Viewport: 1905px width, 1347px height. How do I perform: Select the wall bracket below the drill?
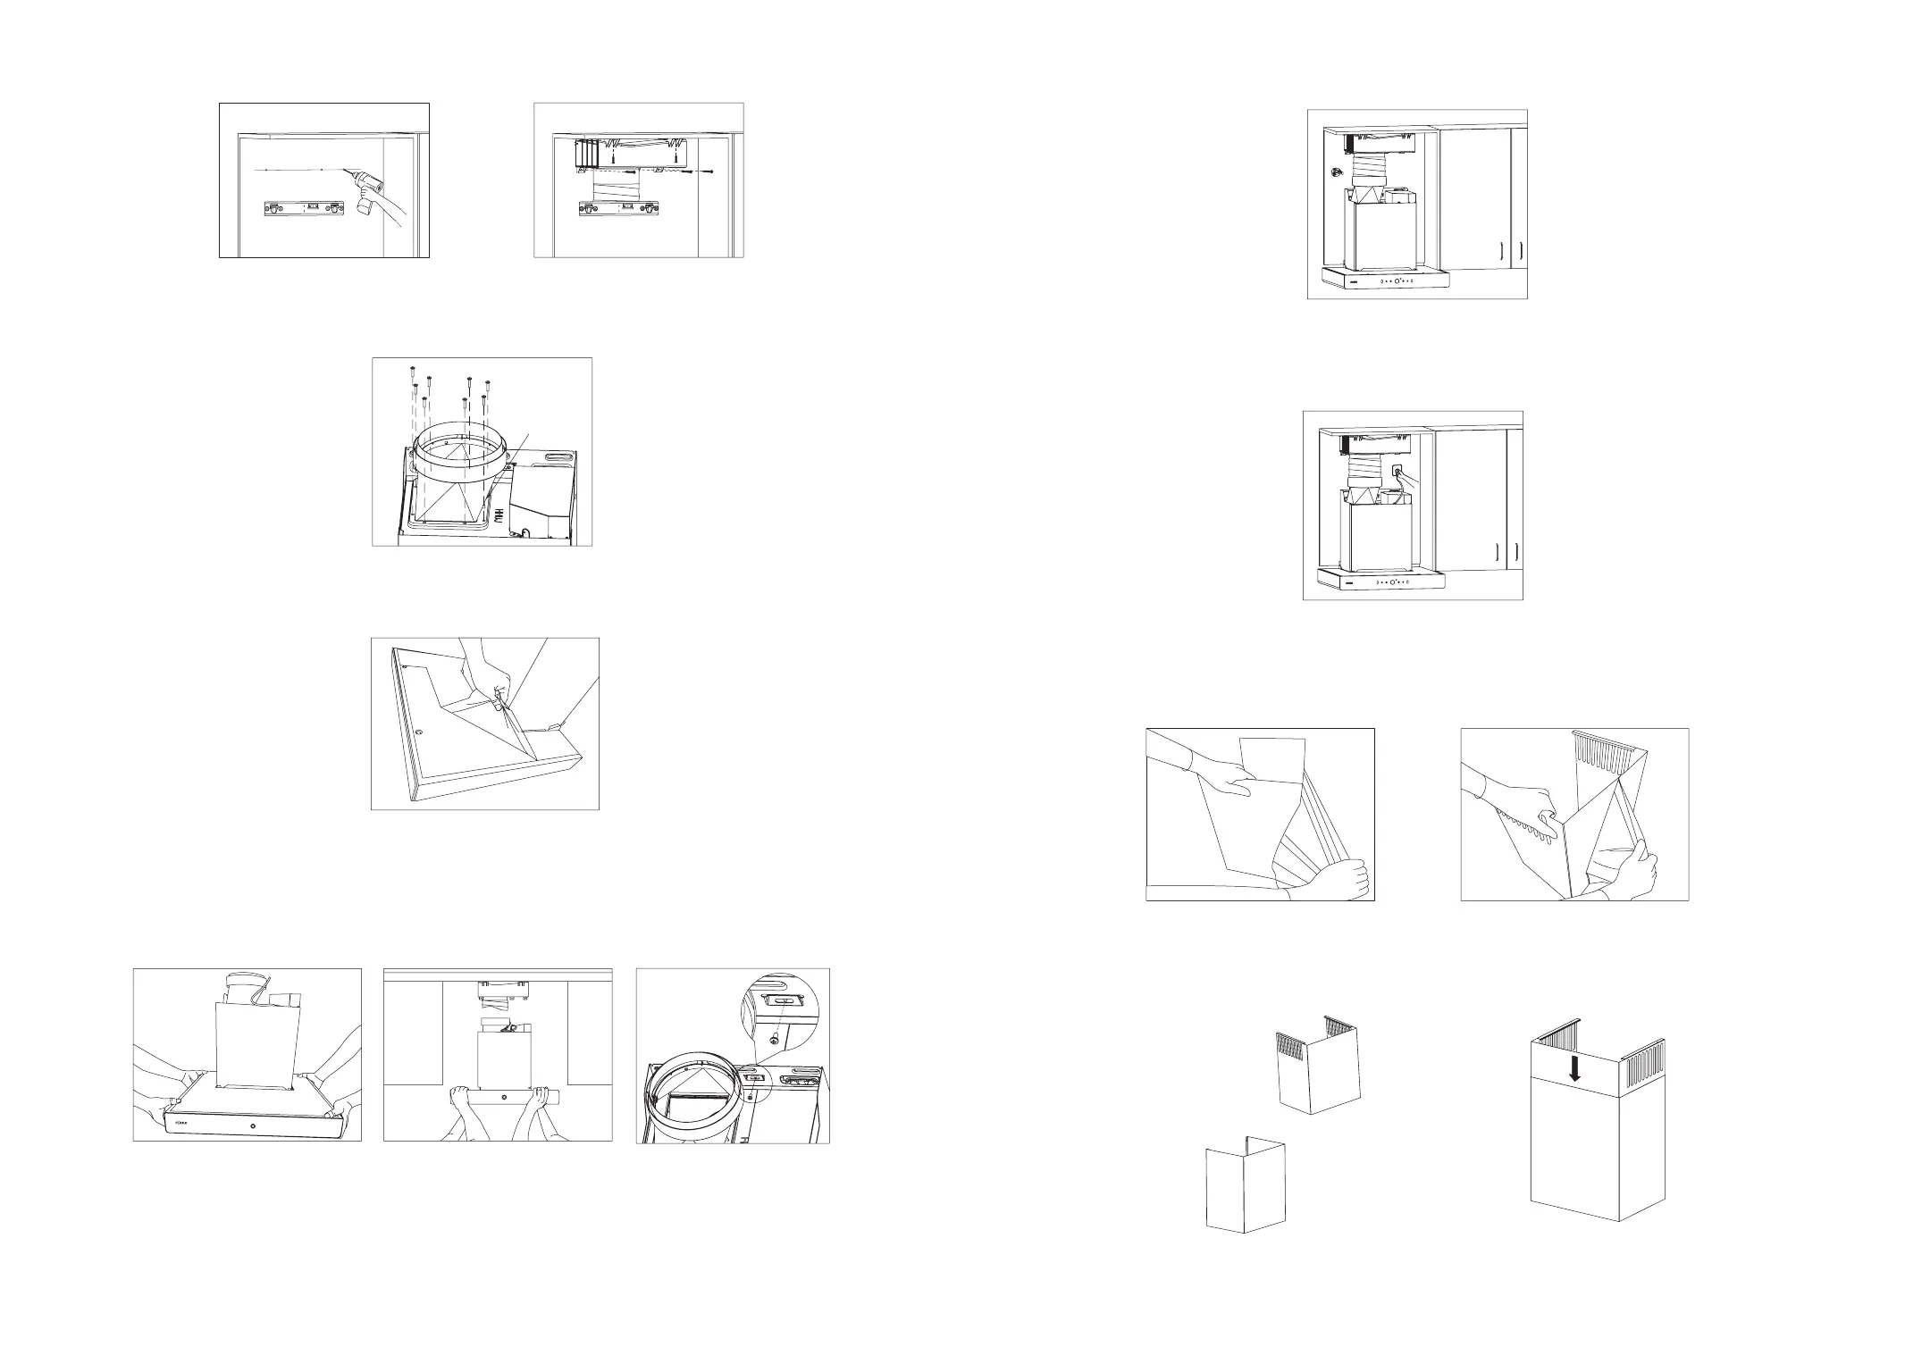point(302,209)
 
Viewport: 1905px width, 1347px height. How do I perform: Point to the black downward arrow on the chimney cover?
point(1574,1071)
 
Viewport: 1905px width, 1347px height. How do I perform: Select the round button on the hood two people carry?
point(254,1126)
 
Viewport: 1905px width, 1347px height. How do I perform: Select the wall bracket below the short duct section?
point(616,210)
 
